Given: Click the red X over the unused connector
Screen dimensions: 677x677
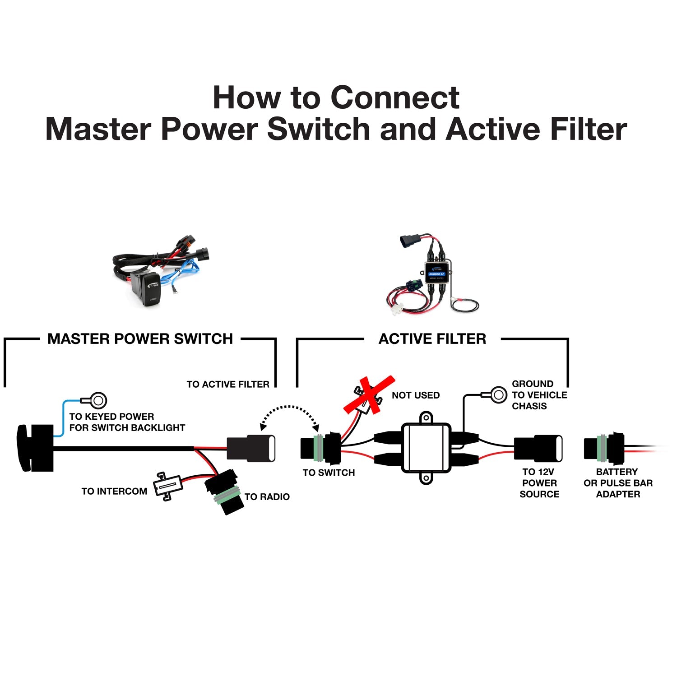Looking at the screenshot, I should point(369,394).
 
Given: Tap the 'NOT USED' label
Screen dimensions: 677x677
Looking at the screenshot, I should point(415,395).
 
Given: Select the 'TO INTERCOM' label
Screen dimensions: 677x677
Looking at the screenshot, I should point(114,491).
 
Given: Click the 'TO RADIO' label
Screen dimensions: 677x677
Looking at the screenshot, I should point(267,496).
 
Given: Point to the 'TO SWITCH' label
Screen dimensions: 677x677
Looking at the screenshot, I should point(329,473).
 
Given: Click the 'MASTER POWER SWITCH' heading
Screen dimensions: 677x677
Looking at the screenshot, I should point(140,339).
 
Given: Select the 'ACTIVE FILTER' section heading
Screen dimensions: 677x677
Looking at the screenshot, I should point(432,339).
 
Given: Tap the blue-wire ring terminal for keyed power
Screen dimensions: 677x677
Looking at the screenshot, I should point(97,400).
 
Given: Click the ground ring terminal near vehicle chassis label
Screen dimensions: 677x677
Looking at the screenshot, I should point(497,395).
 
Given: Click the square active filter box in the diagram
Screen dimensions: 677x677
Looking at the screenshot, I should point(426,448).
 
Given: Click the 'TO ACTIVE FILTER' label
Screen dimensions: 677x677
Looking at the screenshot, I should point(228,385).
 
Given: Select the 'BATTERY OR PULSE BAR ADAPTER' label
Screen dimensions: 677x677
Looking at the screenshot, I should point(618,483).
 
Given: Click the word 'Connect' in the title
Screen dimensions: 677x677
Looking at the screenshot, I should point(395,97).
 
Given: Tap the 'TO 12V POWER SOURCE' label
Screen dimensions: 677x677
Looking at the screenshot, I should point(539,483).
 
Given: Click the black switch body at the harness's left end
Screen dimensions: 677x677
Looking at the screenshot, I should point(36,448).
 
